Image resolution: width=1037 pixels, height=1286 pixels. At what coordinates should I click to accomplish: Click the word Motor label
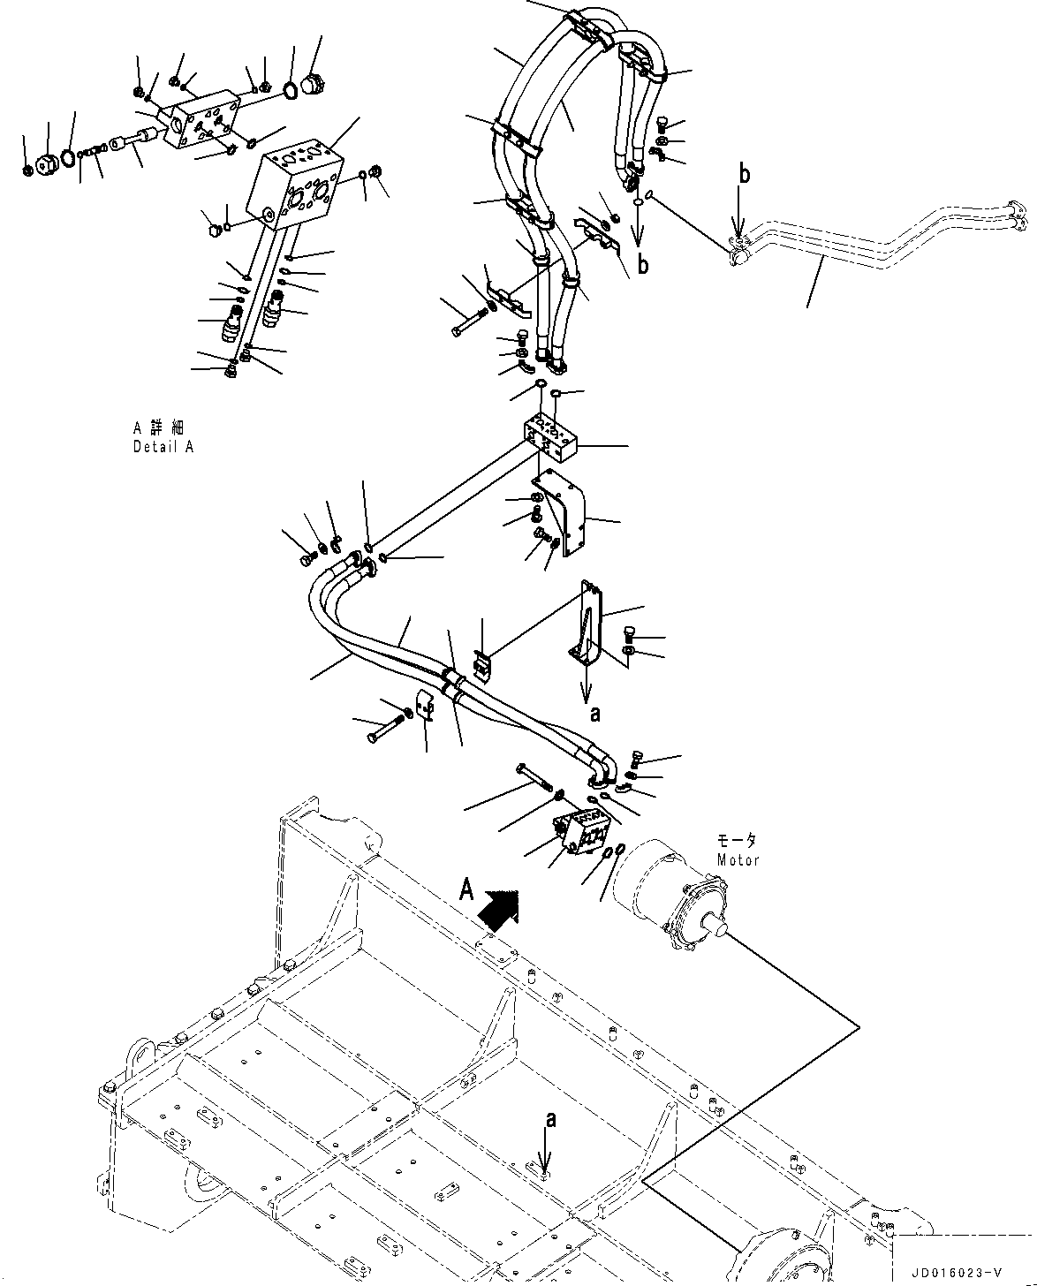tap(738, 860)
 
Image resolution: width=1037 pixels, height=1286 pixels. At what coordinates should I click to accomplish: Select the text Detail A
tap(163, 447)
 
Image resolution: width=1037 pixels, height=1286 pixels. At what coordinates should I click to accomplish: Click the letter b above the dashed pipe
tap(745, 175)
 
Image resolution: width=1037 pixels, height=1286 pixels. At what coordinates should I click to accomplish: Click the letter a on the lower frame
tap(550, 1120)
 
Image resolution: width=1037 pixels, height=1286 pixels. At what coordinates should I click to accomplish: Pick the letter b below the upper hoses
tap(642, 265)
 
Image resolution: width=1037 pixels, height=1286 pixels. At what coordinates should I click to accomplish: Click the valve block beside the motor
tap(582, 832)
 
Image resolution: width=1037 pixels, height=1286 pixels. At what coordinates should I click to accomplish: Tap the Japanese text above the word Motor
tap(737, 842)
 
